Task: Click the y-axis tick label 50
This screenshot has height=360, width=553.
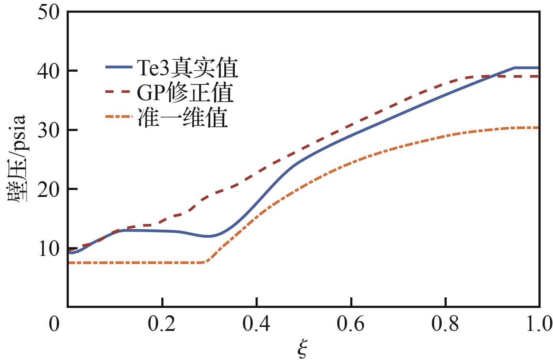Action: pos(49,12)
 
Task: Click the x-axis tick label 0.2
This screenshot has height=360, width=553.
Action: pos(162,323)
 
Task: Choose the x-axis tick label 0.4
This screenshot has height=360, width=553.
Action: pos(256,323)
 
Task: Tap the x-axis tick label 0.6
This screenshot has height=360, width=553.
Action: pos(351,323)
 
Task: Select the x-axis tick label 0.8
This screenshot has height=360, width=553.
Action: pos(445,323)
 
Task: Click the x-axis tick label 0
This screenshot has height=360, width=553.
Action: pos(54,324)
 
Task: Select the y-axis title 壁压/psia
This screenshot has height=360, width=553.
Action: pos(16,158)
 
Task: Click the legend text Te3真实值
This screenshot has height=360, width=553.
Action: pos(187,67)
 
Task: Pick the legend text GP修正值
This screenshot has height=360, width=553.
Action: pos(185,92)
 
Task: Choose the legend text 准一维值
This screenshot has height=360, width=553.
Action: pos(183,117)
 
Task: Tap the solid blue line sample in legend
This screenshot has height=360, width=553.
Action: pos(119,67)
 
